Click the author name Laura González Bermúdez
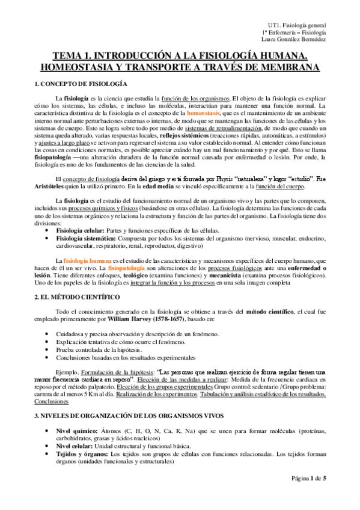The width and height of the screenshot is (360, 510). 293,39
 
